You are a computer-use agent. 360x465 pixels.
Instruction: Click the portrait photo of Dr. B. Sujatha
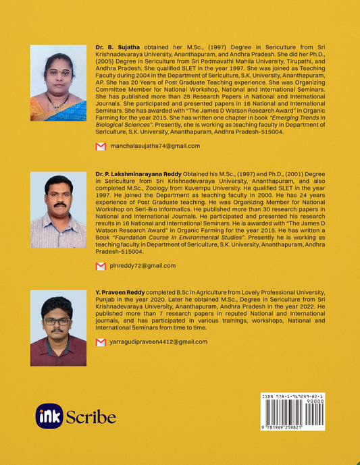click(59, 82)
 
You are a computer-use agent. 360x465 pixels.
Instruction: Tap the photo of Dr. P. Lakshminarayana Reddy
click(59, 210)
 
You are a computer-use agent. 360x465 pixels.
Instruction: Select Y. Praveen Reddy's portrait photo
click(59, 328)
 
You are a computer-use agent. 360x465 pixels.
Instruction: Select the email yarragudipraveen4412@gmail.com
click(158, 342)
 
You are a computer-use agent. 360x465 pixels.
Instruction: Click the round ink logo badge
click(49, 416)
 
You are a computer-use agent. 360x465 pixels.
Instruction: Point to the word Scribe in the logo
click(91, 417)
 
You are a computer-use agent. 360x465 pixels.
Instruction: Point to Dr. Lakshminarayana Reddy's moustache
click(59, 204)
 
